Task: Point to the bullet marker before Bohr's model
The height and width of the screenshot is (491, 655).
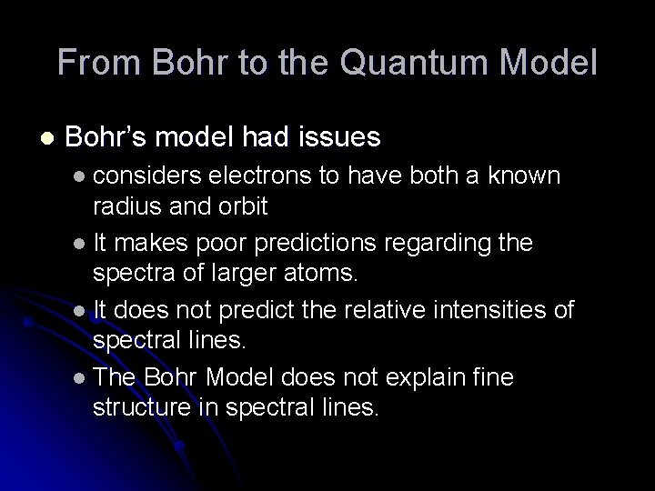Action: (48, 138)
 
